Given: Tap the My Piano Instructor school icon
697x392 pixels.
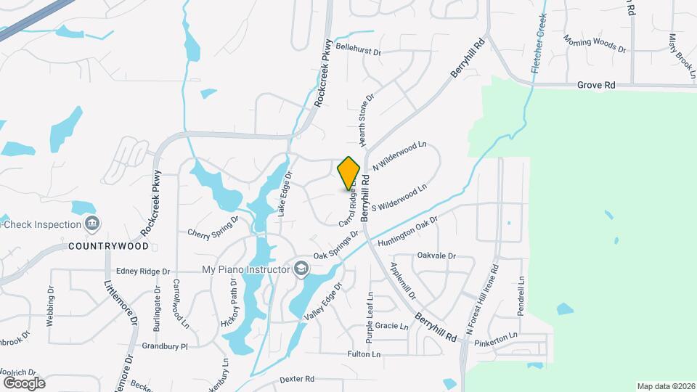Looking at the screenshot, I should pos(301,270).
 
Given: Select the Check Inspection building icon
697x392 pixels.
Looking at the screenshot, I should pos(92,223).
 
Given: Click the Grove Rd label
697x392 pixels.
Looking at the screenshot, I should pos(596,85).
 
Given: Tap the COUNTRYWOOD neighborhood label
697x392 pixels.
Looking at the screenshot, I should pos(108,246).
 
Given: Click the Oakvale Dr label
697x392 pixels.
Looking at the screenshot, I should pos(436,256).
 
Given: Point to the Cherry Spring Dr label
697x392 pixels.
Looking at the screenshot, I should pos(213,227).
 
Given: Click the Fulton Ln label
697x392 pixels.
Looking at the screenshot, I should pos(364,354).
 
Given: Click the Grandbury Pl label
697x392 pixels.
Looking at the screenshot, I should pos(165,346).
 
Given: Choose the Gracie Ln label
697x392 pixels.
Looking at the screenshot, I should pos(392,326).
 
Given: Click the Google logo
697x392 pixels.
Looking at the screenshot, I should pos(24,383).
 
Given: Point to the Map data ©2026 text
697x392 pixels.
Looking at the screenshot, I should pos(665,386).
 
